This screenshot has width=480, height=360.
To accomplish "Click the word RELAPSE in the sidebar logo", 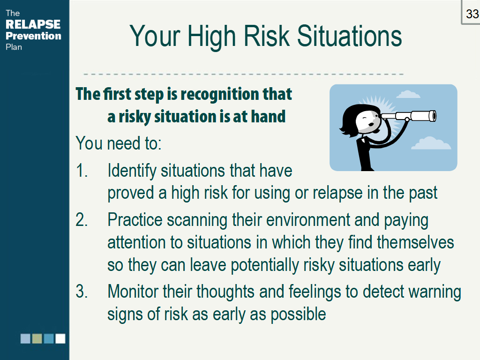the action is pyautogui.click(x=33, y=24).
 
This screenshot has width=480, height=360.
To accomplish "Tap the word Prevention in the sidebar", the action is pyautogui.click(x=33, y=36).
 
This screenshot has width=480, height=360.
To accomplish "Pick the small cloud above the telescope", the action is pyautogui.click(x=408, y=94).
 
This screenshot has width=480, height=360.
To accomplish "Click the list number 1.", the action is pyautogui.click(x=82, y=171).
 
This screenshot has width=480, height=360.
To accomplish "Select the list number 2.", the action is pyautogui.click(x=82, y=220).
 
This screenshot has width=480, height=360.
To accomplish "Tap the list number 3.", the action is pyautogui.click(x=82, y=291).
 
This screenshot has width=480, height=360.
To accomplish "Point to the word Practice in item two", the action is pyautogui.click(x=135, y=220).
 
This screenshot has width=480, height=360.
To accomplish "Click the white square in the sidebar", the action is pyautogui.click(x=60, y=338).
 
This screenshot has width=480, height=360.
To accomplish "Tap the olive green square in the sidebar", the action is pyautogui.click(x=37, y=338).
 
